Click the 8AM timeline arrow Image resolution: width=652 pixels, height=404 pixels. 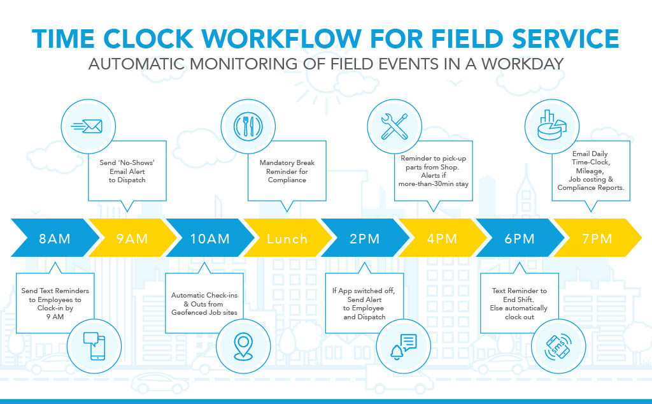tap(53, 239)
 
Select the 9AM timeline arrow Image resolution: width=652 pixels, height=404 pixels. tap(132, 239)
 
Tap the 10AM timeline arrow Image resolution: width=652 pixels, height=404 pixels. tap(209, 239)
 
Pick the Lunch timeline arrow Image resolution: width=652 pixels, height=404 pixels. tap(287, 239)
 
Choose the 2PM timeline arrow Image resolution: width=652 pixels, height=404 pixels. tap(365, 239)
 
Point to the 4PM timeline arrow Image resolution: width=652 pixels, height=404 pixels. tap(443, 239)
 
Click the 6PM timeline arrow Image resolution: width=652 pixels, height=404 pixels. tap(520, 239)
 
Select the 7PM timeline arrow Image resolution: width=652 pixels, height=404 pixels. tap(598, 239)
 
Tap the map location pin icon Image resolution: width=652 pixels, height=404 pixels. tap(242, 346)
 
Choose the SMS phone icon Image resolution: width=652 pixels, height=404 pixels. tap(557, 345)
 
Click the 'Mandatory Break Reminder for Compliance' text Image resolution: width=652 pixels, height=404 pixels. tap(287, 171)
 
